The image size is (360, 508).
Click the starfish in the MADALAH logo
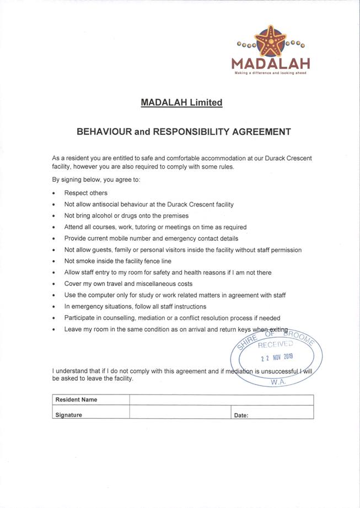pyautogui.click(x=270, y=41)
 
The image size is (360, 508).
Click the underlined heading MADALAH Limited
pyautogui.click(x=181, y=102)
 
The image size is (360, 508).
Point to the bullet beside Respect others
pyautogui.click(x=53, y=193)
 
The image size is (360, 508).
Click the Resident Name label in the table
pyautogui.click(x=76, y=399)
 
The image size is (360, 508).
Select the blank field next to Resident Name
pyautogui.click(x=221, y=399)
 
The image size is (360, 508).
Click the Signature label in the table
pyautogui.click(x=69, y=415)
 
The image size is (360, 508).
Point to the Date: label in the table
pyautogui.click(x=241, y=415)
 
